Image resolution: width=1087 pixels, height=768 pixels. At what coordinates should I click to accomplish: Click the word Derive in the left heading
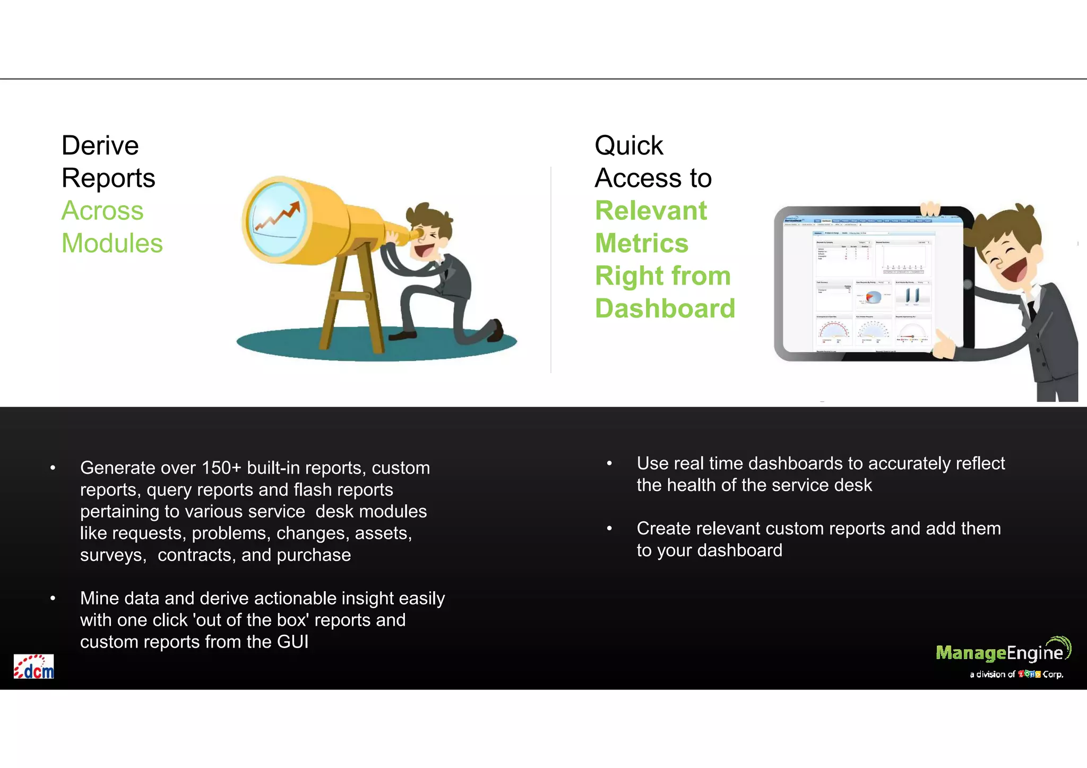coord(100,145)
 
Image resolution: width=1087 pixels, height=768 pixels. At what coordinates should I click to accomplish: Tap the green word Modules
coord(112,244)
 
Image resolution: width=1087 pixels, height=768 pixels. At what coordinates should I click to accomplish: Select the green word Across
coord(102,211)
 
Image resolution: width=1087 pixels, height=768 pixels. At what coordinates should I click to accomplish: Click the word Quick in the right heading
coord(628,145)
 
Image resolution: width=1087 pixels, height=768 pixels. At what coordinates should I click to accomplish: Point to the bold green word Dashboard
coord(665,309)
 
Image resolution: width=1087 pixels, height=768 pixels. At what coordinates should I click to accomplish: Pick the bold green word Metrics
coord(642,244)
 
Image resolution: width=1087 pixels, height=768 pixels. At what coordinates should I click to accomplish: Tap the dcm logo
coord(33,667)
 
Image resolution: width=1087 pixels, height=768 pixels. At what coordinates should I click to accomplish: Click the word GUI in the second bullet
coord(292,642)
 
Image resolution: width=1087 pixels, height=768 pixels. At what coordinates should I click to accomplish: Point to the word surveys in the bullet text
coord(113,555)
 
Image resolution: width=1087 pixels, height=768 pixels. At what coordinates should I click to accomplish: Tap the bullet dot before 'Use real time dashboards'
coord(609,464)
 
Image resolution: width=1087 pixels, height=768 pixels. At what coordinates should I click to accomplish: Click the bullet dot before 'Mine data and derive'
coord(53,599)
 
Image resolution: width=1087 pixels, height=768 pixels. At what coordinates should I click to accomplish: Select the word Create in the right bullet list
coord(661,529)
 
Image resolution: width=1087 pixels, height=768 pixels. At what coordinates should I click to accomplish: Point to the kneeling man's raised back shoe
coord(496,330)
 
